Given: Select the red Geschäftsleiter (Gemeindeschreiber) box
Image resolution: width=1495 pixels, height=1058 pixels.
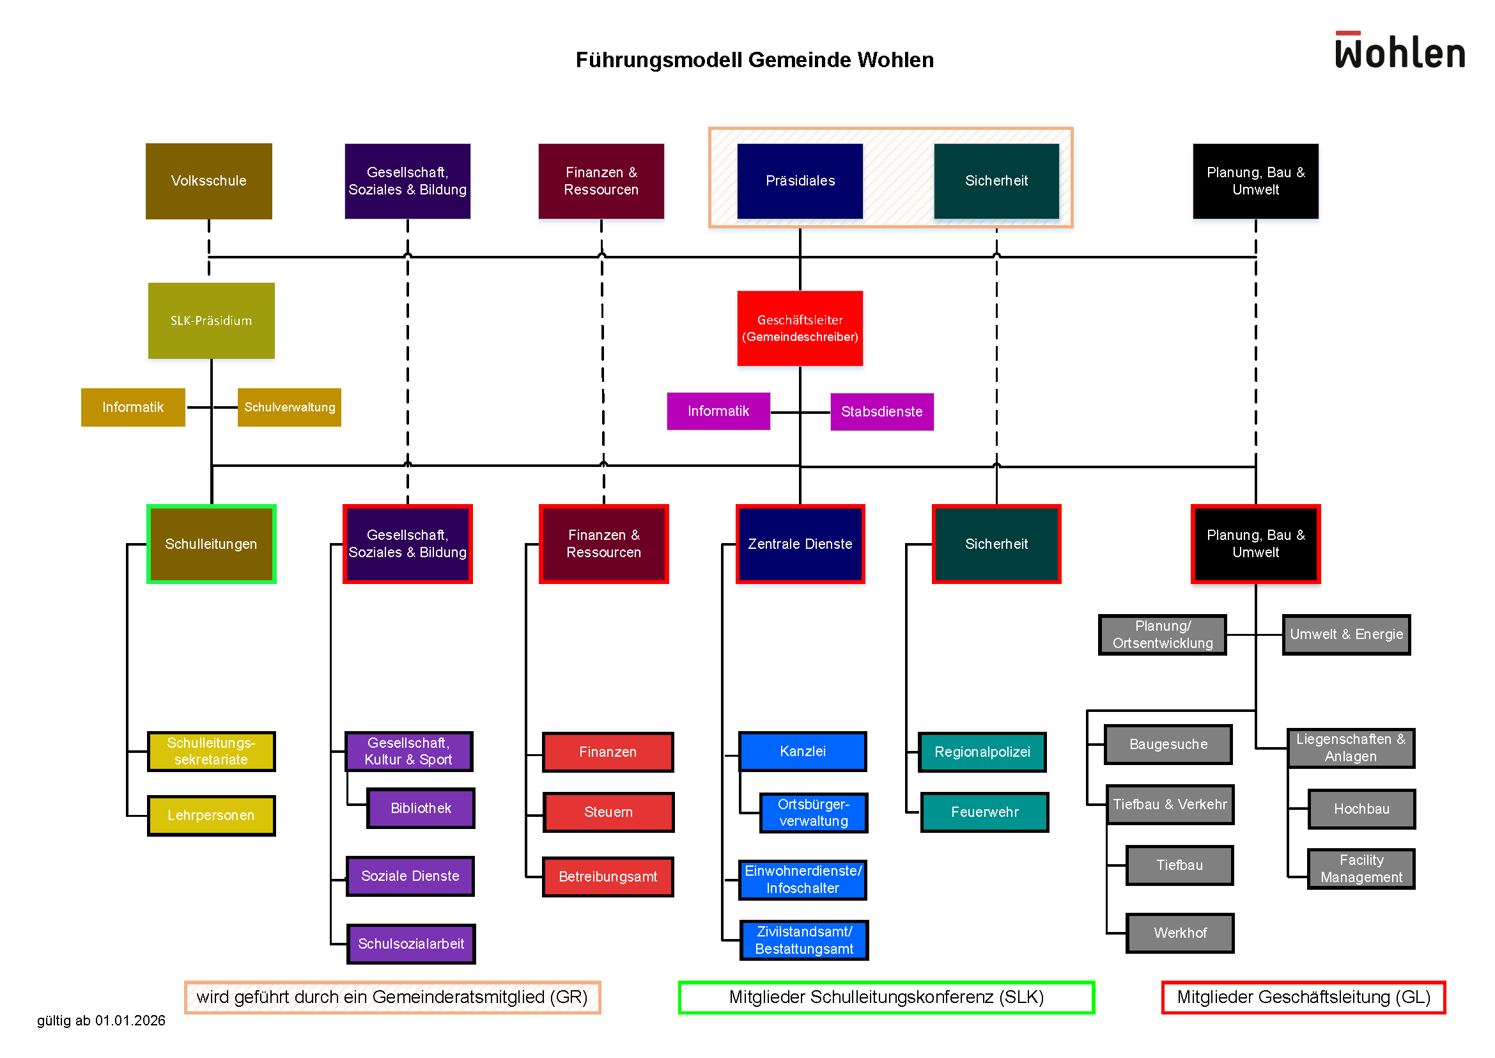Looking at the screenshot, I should [x=800, y=328].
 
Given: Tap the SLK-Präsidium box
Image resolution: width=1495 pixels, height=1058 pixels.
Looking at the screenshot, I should [x=211, y=320].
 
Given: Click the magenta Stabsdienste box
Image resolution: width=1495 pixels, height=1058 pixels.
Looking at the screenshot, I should [x=881, y=412].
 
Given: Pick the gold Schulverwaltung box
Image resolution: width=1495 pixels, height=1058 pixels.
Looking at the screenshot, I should [x=289, y=407].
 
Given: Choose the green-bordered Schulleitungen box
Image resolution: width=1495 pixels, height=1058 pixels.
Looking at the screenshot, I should [x=211, y=544].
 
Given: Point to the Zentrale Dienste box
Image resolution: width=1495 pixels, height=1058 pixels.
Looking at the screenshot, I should [x=800, y=544].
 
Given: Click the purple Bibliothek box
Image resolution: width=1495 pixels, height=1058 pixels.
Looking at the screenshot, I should [x=421, y=808].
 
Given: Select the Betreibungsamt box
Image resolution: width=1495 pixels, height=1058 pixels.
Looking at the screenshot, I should [x=607, y=877].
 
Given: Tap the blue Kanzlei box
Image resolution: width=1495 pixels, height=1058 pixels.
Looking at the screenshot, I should [x=802, y=751].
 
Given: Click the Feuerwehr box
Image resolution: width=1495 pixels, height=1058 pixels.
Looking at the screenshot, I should [x=984, y=812].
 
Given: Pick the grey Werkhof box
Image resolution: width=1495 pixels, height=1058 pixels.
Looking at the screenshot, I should [x=1180, y=933].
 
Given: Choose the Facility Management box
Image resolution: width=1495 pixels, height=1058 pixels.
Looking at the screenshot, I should [x=1361, y=869].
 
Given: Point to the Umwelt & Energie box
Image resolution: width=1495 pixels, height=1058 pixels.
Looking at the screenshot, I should [x=1346, y=635].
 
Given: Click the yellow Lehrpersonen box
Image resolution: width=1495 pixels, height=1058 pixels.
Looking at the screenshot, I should [x=211, y=815].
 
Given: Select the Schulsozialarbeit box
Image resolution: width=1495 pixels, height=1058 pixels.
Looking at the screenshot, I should [x=411, y=944].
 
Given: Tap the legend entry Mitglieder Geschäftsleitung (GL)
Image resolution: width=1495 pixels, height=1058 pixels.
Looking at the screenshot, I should [x=1303, y=997].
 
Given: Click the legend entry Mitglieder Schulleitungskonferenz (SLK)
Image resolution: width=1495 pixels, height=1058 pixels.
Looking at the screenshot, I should [x=885, y=997].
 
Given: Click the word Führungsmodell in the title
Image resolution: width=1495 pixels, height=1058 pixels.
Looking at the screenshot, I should [x=659, y=60].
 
